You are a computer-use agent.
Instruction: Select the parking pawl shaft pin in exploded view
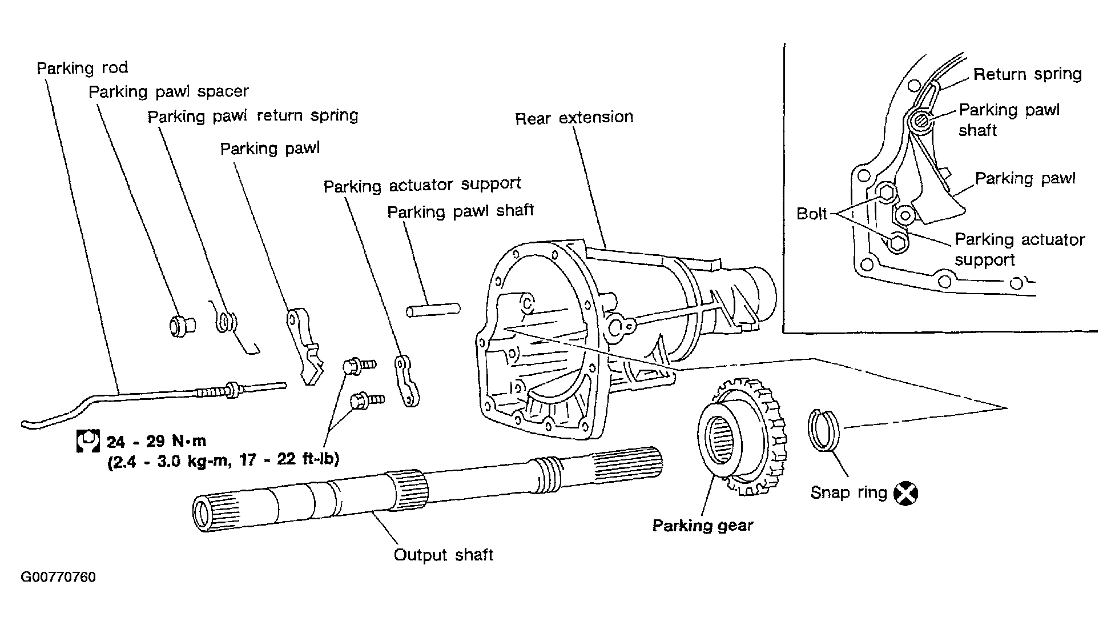pyautogui.click(x=433, y=310)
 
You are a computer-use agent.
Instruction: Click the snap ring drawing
pyautogui.click(x=823, y=430)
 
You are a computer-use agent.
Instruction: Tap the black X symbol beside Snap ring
pyautogui.click(x=905, y=493)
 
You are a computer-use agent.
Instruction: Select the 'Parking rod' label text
pyautogui.click(x=82, y=69)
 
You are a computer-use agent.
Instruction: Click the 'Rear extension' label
pyautogui.click(x=574, y=118)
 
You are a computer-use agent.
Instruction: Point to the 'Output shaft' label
pyautogui.click(x=444, y=555)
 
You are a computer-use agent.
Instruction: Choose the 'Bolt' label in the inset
pyautogui.click(x=812, y=214)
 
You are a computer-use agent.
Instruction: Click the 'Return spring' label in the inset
pyautogui.click(x=1028, y=75)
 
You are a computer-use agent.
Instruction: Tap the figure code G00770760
pyautogui.click(x=58, y=577)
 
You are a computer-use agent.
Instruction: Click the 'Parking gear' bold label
pyautogui.click(x=703, y=526)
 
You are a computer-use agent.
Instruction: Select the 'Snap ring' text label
pyautogui.click(x=849, y=493)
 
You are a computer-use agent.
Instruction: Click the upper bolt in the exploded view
pyautogui.click(x=359, y=364)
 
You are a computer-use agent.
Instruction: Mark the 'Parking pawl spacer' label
pyautogui.click(x=169, y=92)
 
